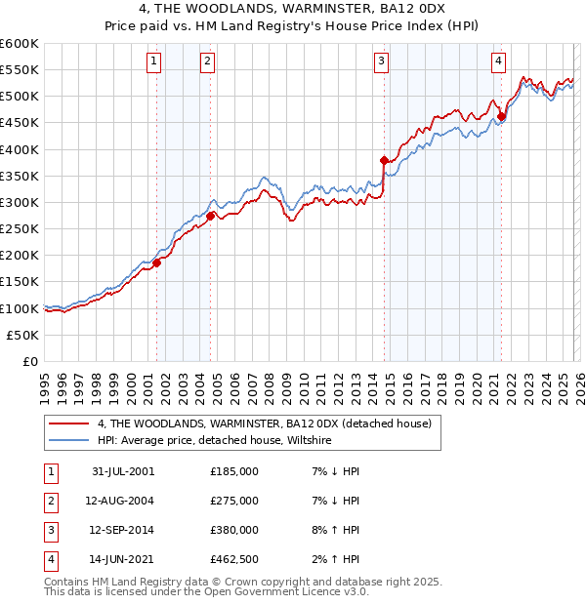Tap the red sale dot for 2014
click(384, 160)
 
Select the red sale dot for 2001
click(157, 262)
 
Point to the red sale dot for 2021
click(501, 117)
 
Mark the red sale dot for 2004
click(210, 216)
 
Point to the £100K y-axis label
click(20, 308)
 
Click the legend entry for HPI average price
click(214, 441)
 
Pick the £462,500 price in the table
click(234, 560)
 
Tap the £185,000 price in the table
click(234, 470)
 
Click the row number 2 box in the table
click(49, 501)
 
